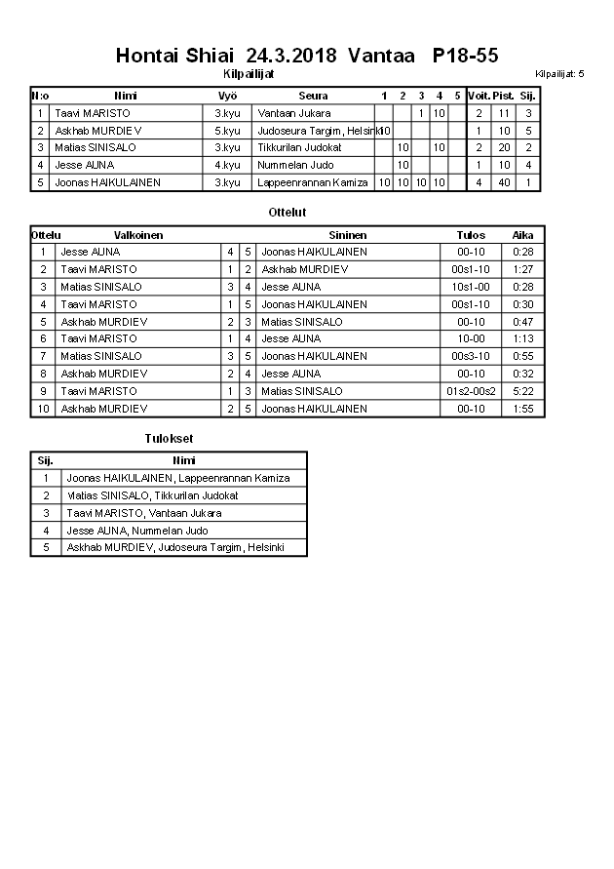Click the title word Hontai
tap(147, 56)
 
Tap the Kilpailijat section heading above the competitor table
tap(248, 73)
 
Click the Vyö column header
tap(227, 96)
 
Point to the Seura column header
tap(313, 96)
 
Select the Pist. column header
tap(504, 96)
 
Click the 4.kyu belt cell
tap(227, 165)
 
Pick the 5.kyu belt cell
tap(227, 131)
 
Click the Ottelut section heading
tap(287, 212)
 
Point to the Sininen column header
tap(348, 235)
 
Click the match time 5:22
tap(523, 391)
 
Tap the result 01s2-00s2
tap(471, 391)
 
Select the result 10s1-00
tap(471, 287)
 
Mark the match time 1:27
tap(523, 269)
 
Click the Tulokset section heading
tap(169, 439)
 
